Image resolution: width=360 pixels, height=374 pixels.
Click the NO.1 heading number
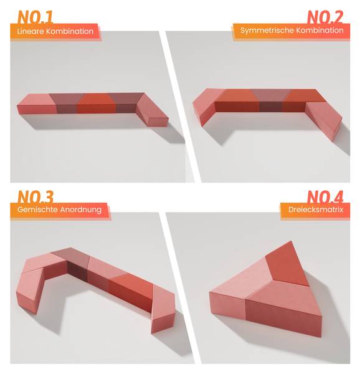(x=36, y=17)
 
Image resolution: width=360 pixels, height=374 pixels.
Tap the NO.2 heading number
(x=325, y=17)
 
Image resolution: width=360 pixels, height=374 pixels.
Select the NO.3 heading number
(x=36, y=196)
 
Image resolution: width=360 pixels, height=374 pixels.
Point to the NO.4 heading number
(x=325, y=196)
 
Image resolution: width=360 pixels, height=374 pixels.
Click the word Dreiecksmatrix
(x=316, y=209)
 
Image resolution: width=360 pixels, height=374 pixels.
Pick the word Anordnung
(x=81, y=209)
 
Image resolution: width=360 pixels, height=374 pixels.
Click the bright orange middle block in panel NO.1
(x=97, y=103)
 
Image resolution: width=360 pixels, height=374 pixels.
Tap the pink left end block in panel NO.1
(x=37, y=105)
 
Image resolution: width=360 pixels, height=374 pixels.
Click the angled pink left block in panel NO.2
(x=207, y=105)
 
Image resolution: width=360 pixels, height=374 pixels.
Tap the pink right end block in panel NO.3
(x=163, y=309)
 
